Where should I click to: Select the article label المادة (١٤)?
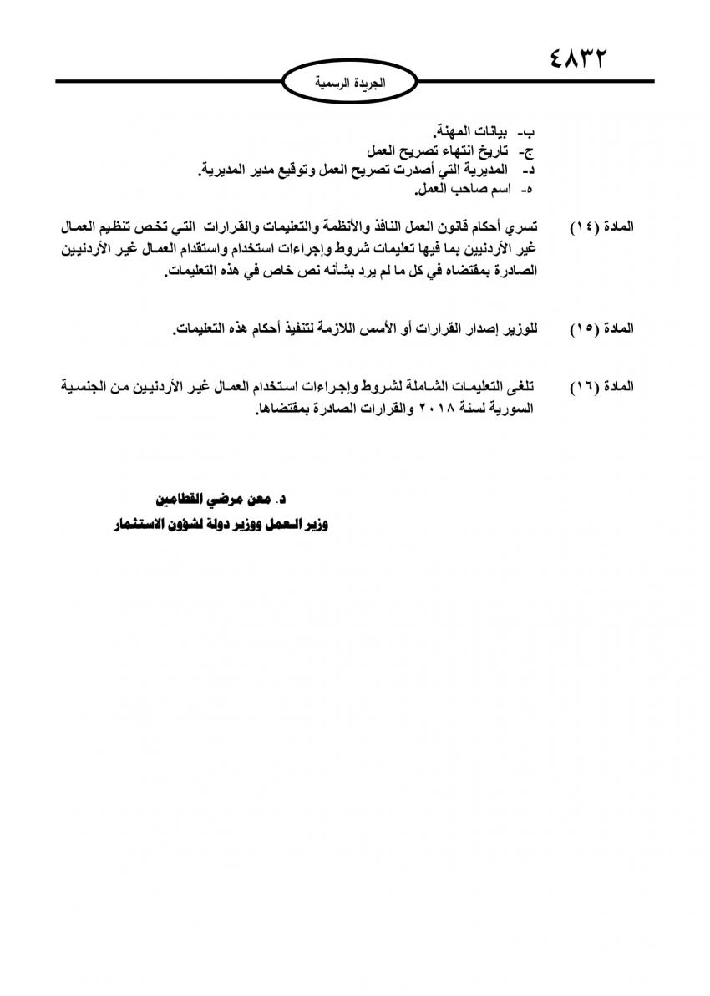tap(601, 227)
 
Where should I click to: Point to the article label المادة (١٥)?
tap(601, 328)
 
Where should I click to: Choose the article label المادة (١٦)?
tap(601, 387)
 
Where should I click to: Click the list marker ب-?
tap(526, 132)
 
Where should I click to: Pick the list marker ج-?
tap(526, 151)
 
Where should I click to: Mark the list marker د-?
tap(526, 170)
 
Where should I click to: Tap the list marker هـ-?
tap(526, 191)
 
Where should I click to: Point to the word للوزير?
tap(519, 328)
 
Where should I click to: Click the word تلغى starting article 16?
tap(524, 387)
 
